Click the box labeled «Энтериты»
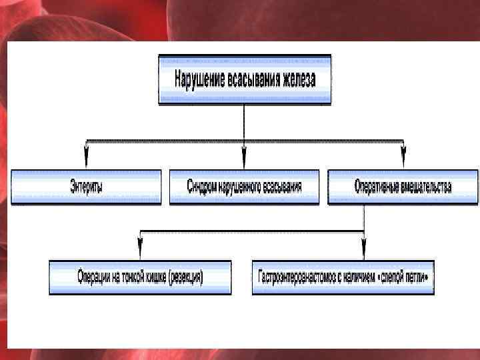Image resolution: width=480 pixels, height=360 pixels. (86, 187)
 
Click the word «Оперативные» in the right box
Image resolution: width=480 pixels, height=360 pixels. (376, 187)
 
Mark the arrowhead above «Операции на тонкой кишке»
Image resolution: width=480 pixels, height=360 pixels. (139, 251)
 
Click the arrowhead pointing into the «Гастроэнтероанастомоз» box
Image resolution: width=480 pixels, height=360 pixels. (363, 251)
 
